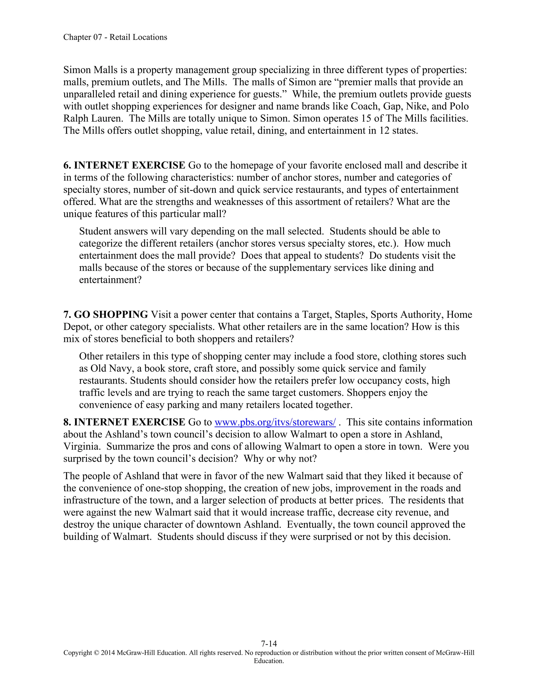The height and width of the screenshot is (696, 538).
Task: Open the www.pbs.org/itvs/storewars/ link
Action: pyautogui.click(x=275, y=422)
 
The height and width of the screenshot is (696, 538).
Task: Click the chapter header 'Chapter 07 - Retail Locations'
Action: pyautogui.click(x=115, y=37)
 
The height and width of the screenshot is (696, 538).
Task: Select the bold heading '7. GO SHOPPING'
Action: pyautogui.click(x=106, y=315)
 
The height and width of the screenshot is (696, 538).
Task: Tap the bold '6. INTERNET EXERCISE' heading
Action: pyautogui.click(x=124, y=165)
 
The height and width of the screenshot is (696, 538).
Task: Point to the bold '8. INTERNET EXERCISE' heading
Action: pyautogui.click(x=124, y=422)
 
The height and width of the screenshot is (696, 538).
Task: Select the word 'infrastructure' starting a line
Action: pyautogui.click(x=94, y=500)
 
